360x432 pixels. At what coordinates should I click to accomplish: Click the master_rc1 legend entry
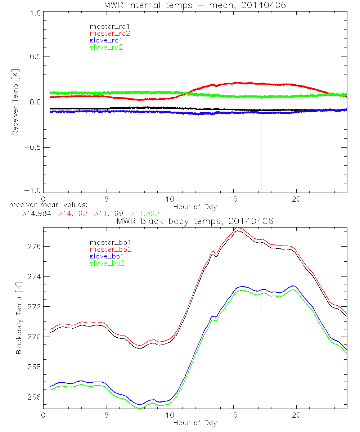pyautogui.click(x=106, y=26)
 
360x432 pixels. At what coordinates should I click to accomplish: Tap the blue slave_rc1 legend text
pyautogui.click(x=106, y=40)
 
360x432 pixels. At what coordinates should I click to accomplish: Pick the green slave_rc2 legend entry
pyautogui.click(x=106, y=47)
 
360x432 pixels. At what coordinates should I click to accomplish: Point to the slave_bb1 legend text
pyautogui.click(x=106, y=257)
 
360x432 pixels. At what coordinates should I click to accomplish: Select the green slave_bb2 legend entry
pyautogui.click(x=106, y=264)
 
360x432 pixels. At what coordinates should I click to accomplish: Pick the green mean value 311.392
pyautogui.click(x=144, y=213)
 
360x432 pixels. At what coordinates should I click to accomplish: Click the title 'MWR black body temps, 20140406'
pyautogui.click(x=195, y=221)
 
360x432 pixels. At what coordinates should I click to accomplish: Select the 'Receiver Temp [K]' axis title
pyautogui.click(x=15, y=102)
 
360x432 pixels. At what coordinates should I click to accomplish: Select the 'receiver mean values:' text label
pyautogui.click(x=50, y=205)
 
